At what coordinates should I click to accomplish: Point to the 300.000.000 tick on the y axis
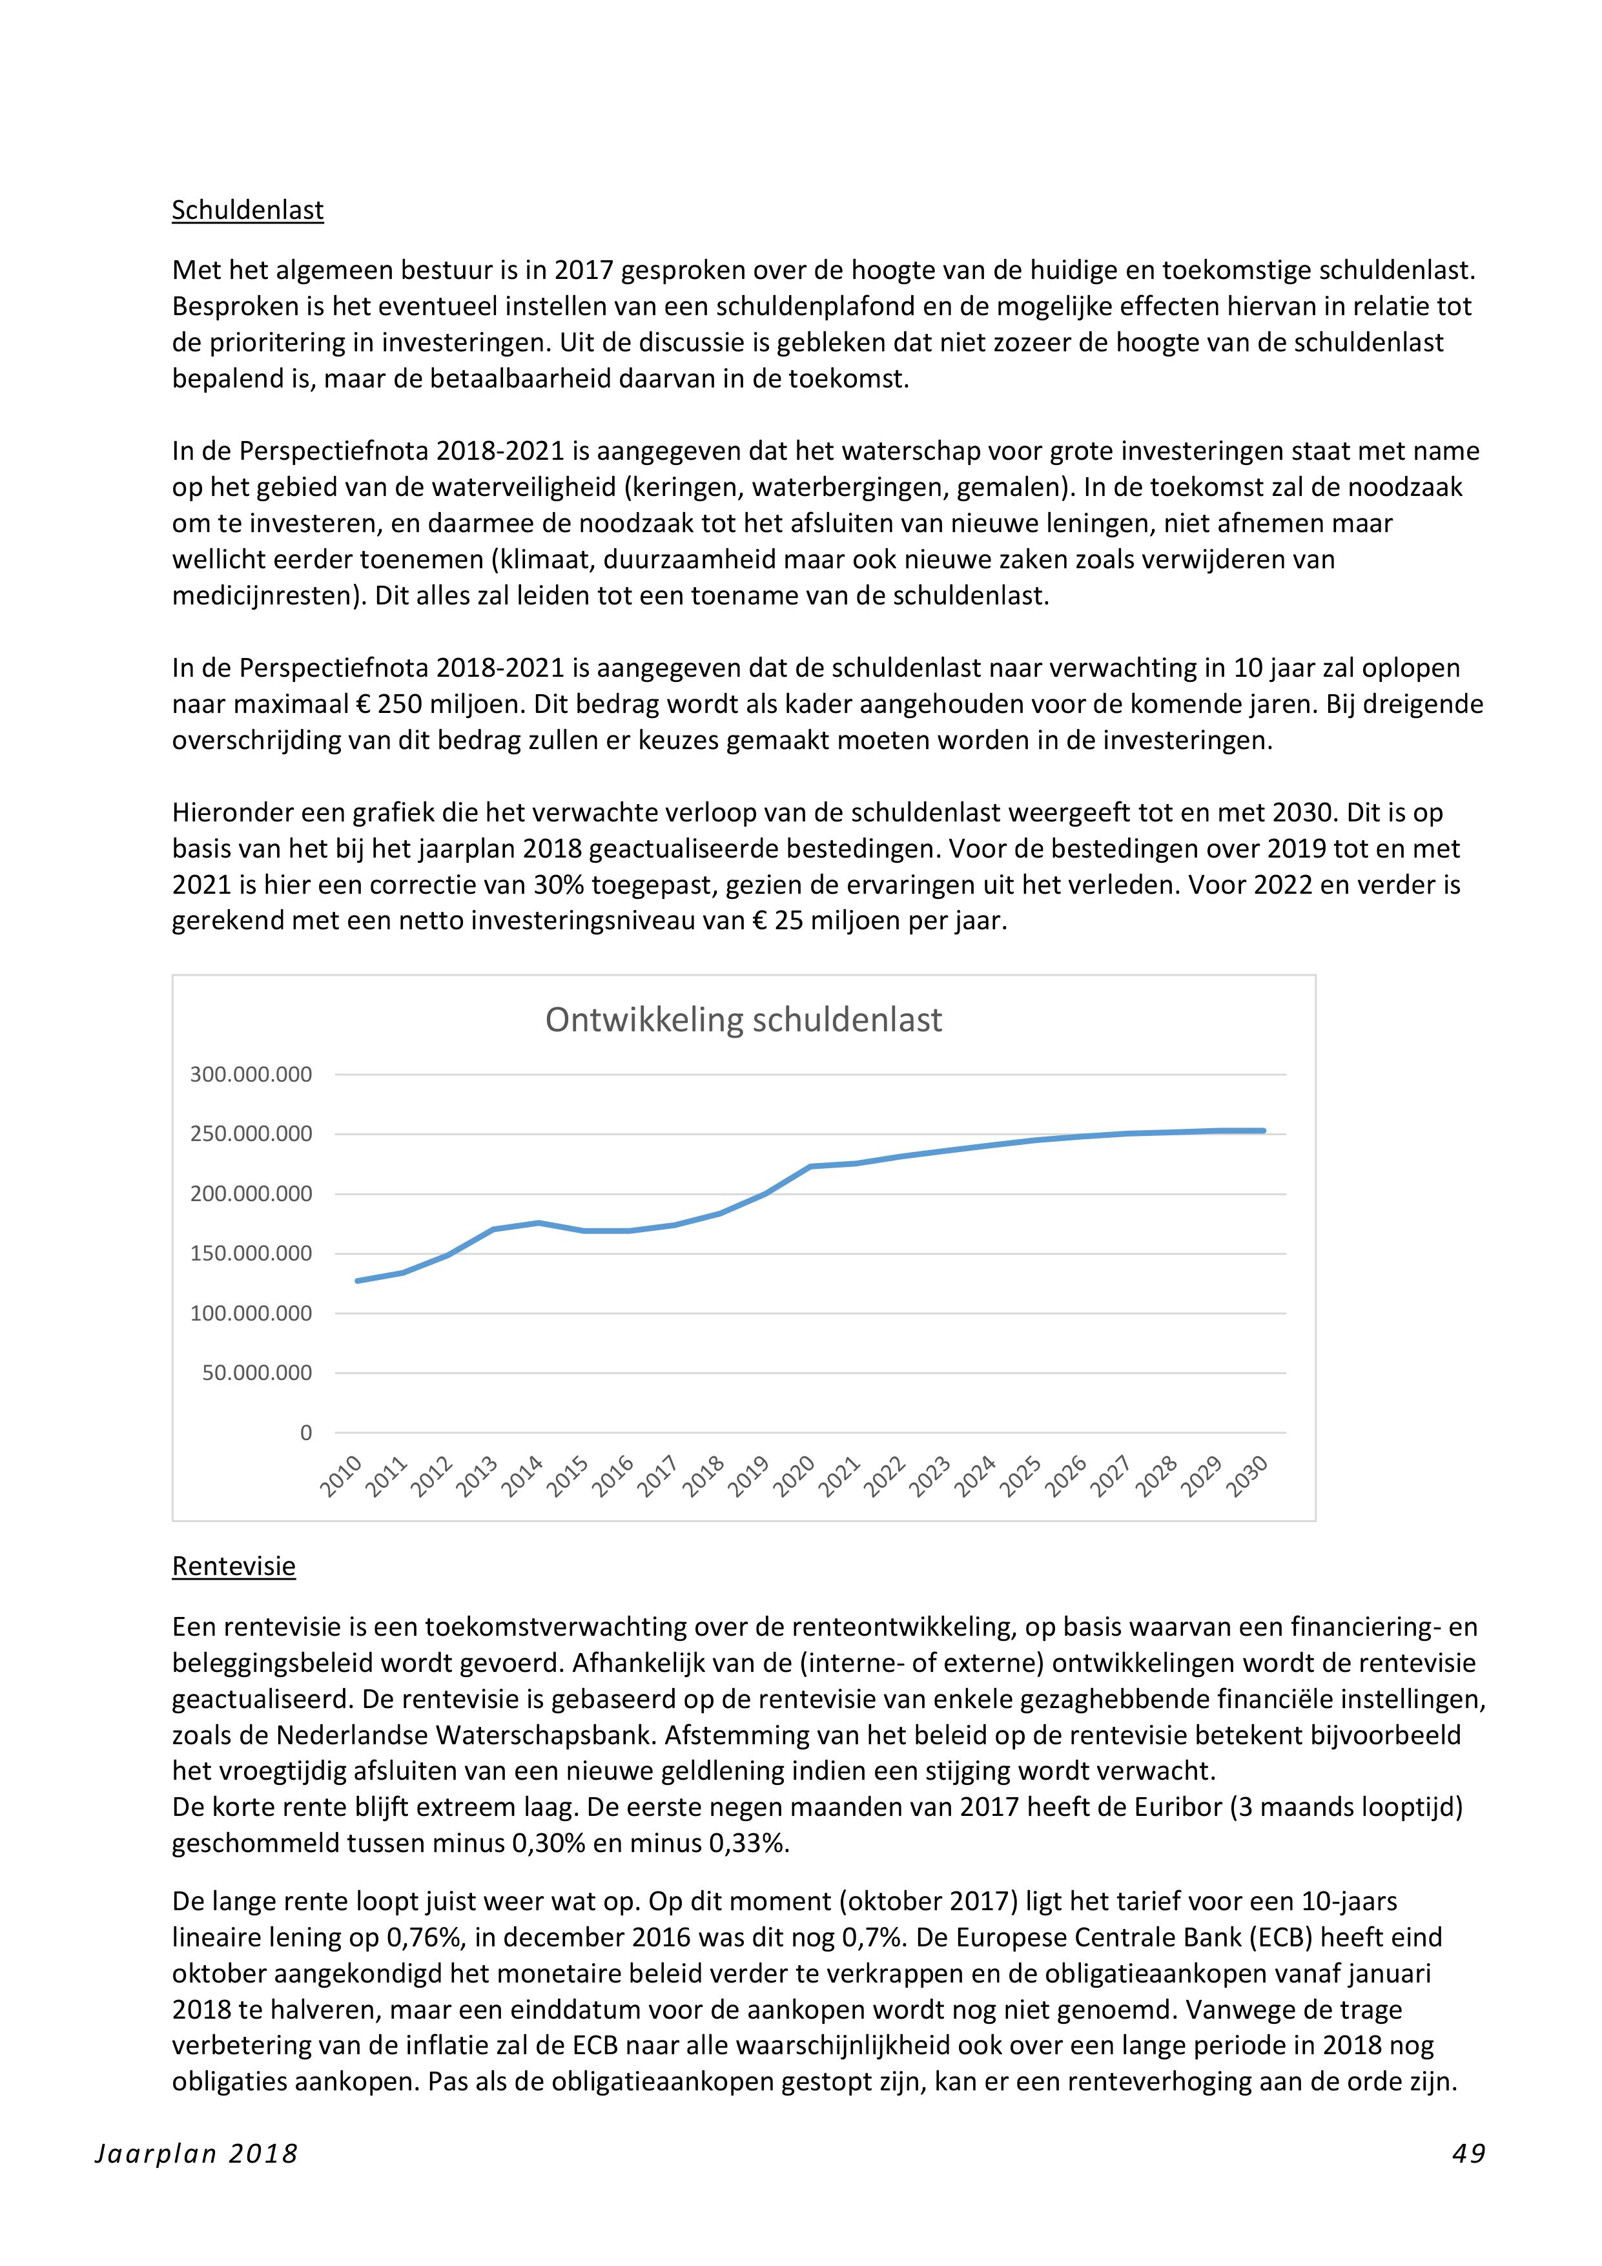(x=251, y=1075)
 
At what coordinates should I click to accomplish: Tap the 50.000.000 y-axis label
(x=256, y=1373)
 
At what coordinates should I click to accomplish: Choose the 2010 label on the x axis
(x=342, y=1478)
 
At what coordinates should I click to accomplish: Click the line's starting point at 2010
(x=357, y=1281)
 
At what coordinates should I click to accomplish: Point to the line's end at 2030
(x=1264, y=1131)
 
